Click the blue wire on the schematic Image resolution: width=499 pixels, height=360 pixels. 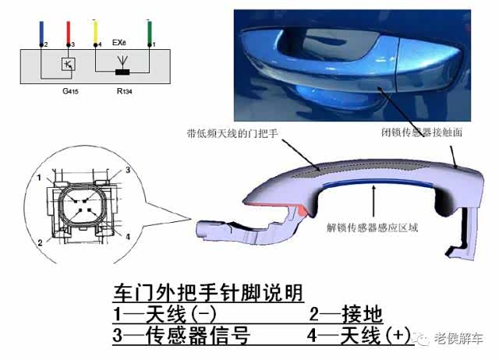click(41, 33)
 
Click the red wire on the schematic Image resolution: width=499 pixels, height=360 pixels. click(69, 33)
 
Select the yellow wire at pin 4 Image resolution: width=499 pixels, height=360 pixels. click(95, 32)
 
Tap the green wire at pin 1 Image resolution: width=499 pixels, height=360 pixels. click(150, 32)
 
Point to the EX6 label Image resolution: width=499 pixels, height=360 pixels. click(119, 42)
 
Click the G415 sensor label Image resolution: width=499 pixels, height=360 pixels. click(70, 91)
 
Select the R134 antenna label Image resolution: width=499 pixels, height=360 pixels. click(125, 91)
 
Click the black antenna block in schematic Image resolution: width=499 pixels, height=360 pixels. click(122, 72)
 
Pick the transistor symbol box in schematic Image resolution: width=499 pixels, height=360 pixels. click(69, 64)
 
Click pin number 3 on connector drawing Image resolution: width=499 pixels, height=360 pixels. click(128, 170)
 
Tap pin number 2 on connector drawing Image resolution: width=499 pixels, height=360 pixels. click(40, 243)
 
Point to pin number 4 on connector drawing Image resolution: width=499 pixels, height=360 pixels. click(128, 237)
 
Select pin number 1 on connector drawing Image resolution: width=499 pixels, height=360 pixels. click(39, 178)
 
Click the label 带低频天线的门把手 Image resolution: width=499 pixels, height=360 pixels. click(232, 133)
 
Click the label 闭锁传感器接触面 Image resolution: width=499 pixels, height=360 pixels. click(422, 132)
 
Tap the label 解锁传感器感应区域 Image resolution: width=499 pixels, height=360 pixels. click(372, 228)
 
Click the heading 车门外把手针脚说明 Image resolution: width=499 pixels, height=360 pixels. click(208, 292)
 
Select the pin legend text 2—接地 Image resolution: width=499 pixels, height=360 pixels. click(345, 314)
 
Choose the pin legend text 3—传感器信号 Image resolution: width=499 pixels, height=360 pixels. click(182, 335)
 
